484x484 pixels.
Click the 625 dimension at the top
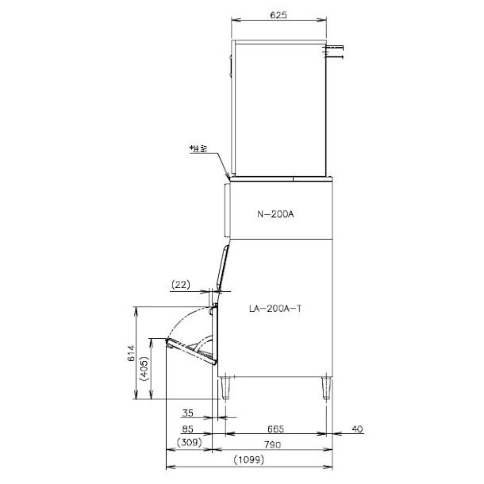[x=277, y=15]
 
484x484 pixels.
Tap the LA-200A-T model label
[x=274, y=311]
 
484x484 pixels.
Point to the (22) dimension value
[x=181, y=284]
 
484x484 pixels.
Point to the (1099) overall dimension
[x=249, y=460]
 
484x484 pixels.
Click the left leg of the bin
[x=229, y=386]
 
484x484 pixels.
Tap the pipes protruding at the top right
[x=336, y=52]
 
